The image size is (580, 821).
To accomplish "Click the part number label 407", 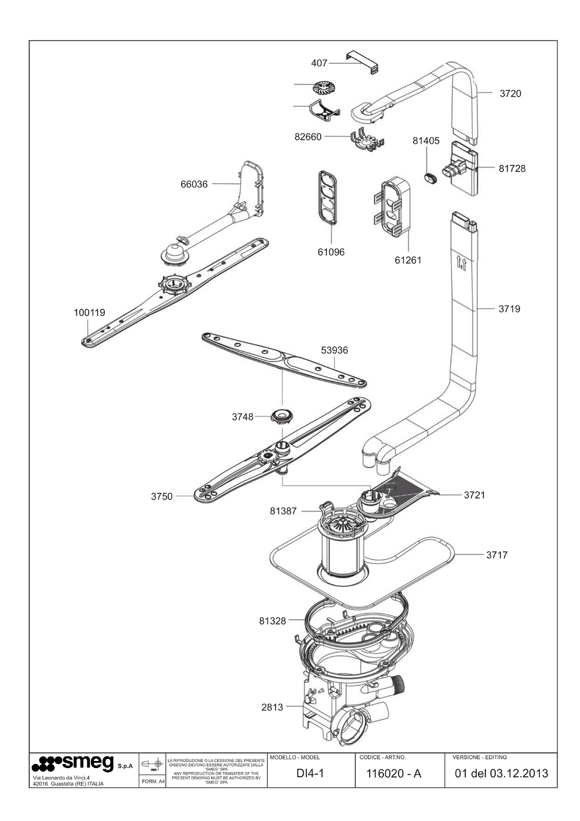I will (x=319, y=63).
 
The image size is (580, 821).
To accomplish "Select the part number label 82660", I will (x=308, y=137).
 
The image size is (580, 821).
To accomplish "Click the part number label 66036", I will (x=194, y=184).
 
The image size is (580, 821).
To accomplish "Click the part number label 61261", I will (x=408, y=260).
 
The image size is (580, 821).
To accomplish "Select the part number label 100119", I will (x=89, y=312).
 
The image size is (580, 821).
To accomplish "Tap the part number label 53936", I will (x=334, y=350).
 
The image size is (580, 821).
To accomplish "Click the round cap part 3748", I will (x=280, y=415).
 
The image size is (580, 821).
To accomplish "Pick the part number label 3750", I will (x=162, y=497).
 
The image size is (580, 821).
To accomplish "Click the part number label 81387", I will (x=283, y=511).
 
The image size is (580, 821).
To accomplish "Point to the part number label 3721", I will (x=474, y=495).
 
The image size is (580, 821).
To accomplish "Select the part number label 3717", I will (x=497, y=555).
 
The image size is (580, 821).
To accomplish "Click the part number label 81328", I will (x=273, y=621).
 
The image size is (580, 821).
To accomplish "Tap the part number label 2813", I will (x=272, y=707).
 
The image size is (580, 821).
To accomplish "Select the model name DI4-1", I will (x=311, y=773).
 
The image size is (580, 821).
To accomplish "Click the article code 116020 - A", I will (x=393, y=773).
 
